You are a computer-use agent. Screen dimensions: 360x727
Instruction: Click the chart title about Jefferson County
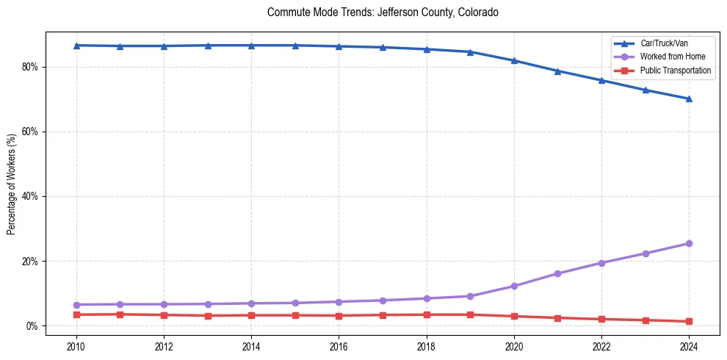point(383,12)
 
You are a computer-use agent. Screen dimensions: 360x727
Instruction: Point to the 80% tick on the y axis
point(31,67)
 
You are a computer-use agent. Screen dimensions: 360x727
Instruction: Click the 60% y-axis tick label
point(31,132)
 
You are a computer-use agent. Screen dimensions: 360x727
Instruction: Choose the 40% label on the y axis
point(31,196)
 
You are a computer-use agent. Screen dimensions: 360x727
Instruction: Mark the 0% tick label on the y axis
point(33,325)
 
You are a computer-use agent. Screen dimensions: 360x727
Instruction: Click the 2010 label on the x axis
point(76,345)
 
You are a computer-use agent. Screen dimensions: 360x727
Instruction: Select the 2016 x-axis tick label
point(339,345)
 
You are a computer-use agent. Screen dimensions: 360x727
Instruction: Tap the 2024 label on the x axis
point(689,345)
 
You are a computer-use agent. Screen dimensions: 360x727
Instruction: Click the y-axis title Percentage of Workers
point(12,183)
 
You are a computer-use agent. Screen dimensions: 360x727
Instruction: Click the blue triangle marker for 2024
point(689,98)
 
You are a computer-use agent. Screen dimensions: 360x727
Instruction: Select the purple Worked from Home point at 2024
point(689,243)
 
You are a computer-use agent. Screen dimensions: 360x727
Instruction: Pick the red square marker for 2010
point(76,314)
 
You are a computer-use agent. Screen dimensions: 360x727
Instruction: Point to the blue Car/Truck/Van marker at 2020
point(514,60)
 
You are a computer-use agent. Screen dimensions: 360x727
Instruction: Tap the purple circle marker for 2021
point(557,273)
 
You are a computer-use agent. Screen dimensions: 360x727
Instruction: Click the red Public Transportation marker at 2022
point(601,319)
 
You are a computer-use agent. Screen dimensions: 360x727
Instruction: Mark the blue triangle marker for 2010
point(76,46)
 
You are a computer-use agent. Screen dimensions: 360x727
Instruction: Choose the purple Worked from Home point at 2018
point(427,298)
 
